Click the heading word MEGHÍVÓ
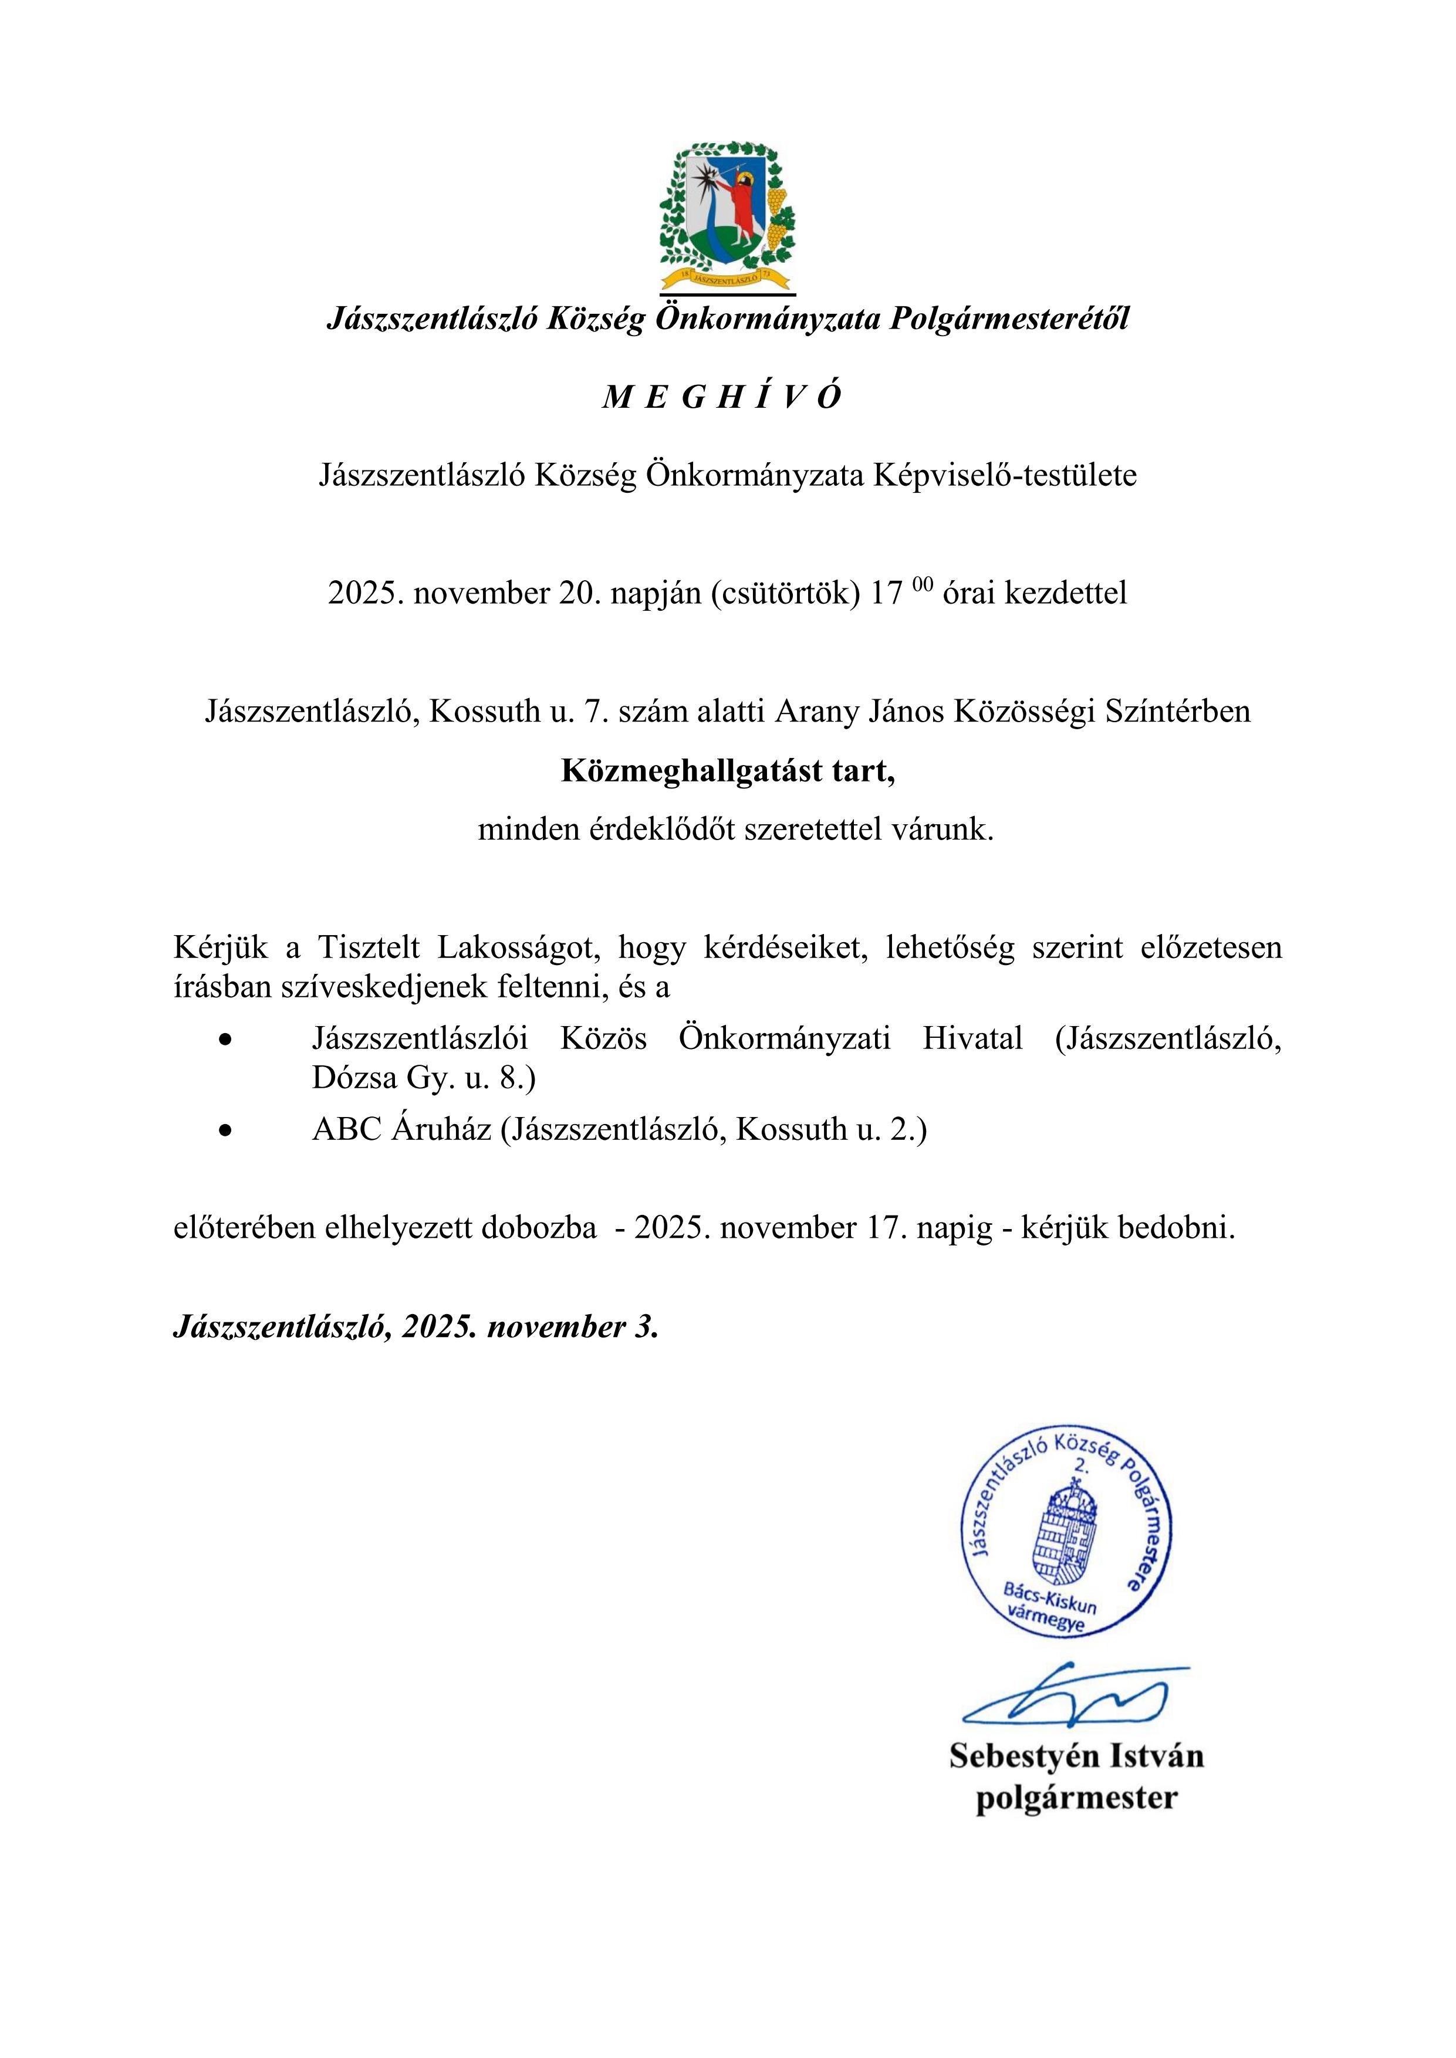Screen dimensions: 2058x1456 click(722, 397)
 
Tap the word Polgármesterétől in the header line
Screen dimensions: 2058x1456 click(1009, 318)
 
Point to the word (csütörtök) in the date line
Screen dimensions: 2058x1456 click(786, 593)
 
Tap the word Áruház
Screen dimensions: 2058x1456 click(441, 1129)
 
